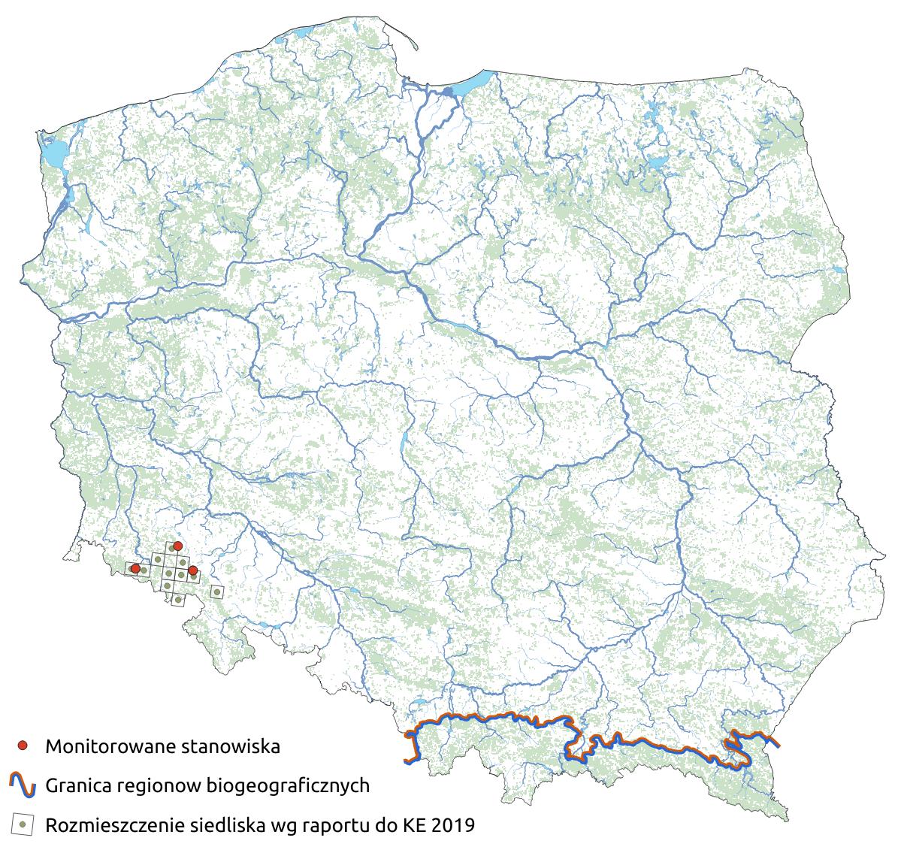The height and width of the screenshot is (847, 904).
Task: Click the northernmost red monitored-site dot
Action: pyautogui.click(x=178, y=545)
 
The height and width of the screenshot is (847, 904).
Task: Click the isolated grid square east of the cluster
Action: pyautogui.click(x=216, y=592)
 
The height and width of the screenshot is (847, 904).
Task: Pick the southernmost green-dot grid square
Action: pyautogui.click(x=177, y=600)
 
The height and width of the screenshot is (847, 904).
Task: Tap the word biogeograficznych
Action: pyautogui.click(x=287, y=787)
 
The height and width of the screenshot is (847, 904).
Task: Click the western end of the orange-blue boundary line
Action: pyautogui.click(x=407, y=761)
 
